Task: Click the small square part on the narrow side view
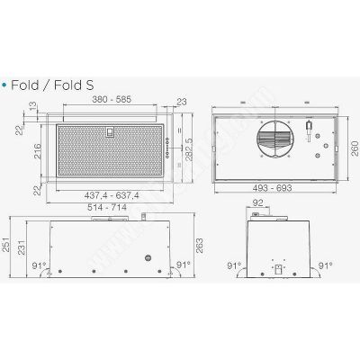(x=278, y=267)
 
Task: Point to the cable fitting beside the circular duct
(x=309, y=137)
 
